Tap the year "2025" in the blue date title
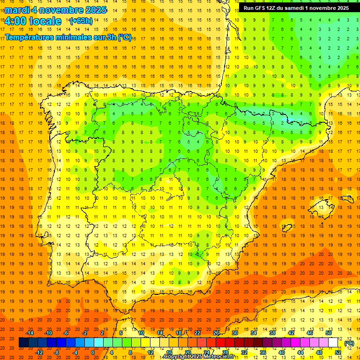point(91,10)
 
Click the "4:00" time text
point(16,21)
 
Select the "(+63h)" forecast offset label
point(81,21)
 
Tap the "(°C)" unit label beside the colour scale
point(349,343)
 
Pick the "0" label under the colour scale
point(93,352)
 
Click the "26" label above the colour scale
point(216,333)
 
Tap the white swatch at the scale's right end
point(333,343)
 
